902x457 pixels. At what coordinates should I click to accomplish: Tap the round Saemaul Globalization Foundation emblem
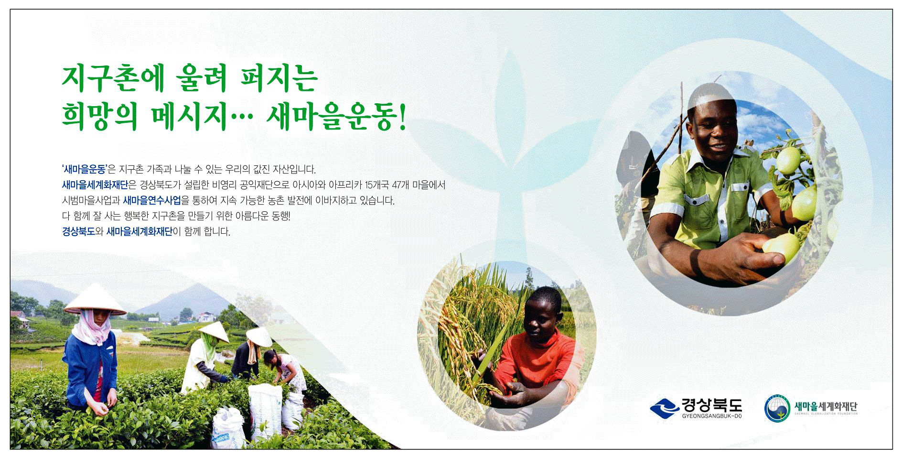point(777,408)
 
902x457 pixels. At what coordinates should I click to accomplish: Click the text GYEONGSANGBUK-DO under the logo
point(712,417)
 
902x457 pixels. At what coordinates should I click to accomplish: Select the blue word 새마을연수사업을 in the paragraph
point(156,201)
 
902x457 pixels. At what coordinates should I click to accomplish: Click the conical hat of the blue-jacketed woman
point(95,299)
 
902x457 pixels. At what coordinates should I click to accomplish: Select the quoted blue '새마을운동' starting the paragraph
point(84,169)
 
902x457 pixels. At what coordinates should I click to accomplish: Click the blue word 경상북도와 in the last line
point(83,232)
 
